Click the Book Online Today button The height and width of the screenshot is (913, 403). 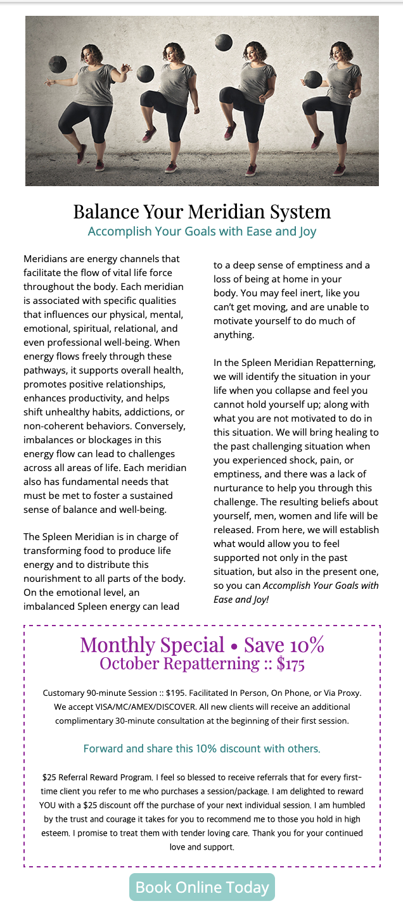click(x=202, y=887)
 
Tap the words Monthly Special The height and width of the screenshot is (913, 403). click(x=152, y=645)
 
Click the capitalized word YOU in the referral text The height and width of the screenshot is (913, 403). click(x=48, y=805)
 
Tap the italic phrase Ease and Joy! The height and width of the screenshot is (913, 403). click(x=241, y=598)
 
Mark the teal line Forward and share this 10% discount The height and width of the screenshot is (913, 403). click(x=201, y=748)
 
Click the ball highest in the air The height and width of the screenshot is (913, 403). click(x=223, y=42)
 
